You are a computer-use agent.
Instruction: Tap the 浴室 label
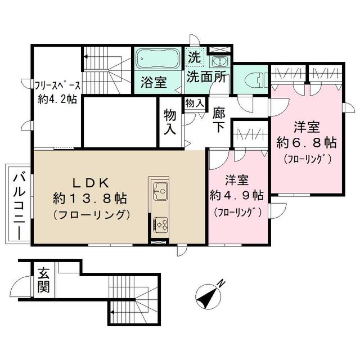coord(152,82)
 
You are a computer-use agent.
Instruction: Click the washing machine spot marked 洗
coord(193,57)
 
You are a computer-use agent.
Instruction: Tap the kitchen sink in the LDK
coord(159,191)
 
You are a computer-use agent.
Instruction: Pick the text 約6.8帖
coord(307,142)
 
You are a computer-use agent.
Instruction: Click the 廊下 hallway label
coord(219,119)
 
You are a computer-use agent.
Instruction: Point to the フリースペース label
coord(58,85)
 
